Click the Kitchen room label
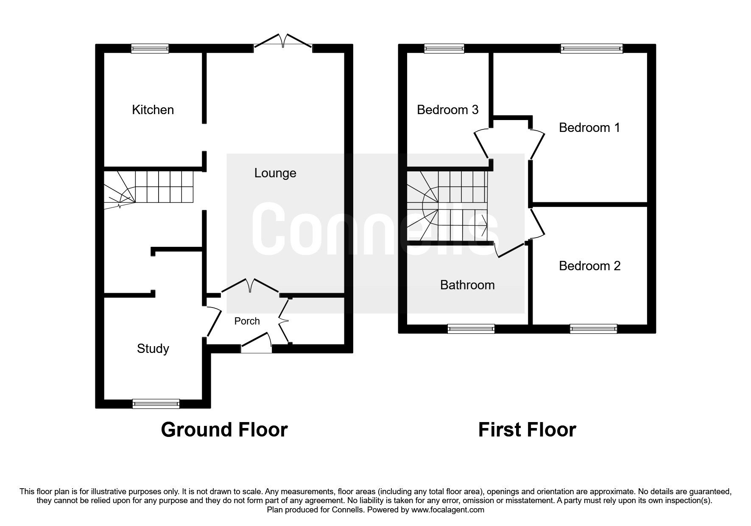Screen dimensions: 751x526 [x=153, y=110]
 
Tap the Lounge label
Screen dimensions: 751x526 [x=275, y=173]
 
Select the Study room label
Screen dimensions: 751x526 [x=153, y=349]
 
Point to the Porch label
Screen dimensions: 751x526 [x=247, y=321]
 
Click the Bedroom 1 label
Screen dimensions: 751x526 [x=589, y=127]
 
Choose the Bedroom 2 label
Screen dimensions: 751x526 [x=589, y=266]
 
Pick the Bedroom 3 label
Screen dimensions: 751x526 [x=447, y=110]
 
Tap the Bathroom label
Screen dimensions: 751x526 [x=467, y=285]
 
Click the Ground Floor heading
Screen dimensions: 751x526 [x=224, y=430]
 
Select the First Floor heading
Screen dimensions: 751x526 [x=527, y=430]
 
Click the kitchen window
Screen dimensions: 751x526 [x=150, y=48]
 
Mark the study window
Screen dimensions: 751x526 [x=156, y=403]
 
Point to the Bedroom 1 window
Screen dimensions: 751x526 [x=592, y=48]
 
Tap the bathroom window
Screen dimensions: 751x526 [x=471, y=329]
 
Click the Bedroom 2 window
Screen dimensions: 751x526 [x=594, y=329]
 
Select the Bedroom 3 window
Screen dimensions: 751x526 [x=444, y=48]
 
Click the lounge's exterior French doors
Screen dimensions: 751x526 [x=283, y=41]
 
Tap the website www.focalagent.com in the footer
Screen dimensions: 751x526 [x=448, y=510]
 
